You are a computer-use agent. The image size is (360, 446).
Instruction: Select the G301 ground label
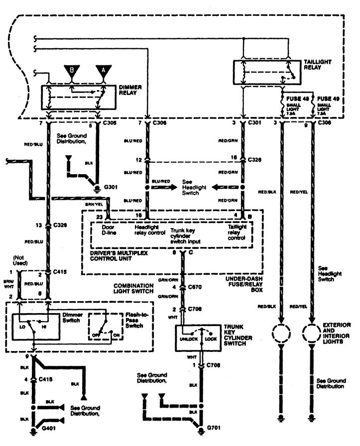click(x=110, y=190)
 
